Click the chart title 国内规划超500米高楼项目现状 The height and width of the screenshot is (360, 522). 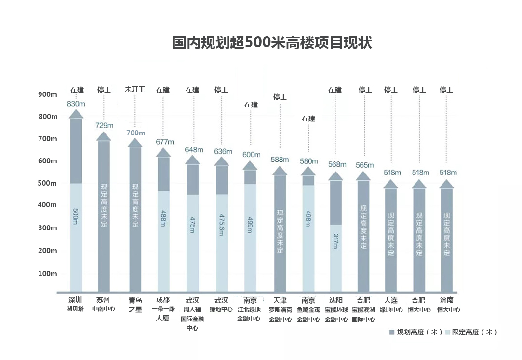[x=272, y=42]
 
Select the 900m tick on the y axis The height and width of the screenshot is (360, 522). [x=48, y=94]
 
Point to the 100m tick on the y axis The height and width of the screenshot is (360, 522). [x=48, y=274]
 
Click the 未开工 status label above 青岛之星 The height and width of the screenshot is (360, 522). [x=135, y=90]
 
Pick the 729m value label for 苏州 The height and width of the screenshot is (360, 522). [x=105, y=125]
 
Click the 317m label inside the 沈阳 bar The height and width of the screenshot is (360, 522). [x=335, y=240]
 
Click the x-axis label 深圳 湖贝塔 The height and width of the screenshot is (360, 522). [x=76, y=304]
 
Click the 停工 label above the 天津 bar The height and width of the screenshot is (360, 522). [x=280, y=97]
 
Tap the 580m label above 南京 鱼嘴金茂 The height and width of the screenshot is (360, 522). [x=308, y=161]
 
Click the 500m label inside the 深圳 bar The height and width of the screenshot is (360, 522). [x=76, y=216]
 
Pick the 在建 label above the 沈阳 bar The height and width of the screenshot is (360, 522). [x=335, y=90]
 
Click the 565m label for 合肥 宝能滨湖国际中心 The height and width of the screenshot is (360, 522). [x=364, y=165]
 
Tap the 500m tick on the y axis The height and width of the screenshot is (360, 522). [x=48, y=183]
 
